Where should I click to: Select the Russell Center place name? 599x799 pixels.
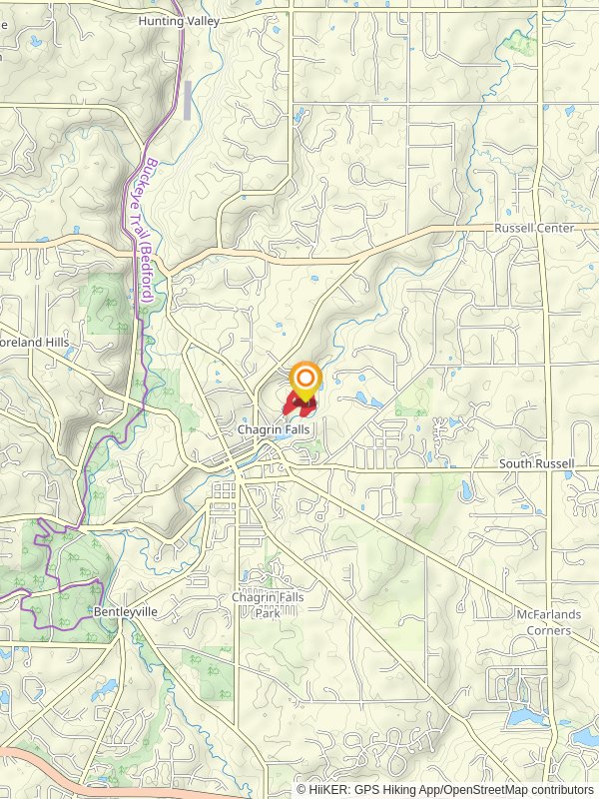(x=534, y=228)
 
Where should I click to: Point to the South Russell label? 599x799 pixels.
(x=536, y=464)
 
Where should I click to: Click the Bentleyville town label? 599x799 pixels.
(x=126, y=611)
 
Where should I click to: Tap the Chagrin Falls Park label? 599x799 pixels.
(x=267, y=603)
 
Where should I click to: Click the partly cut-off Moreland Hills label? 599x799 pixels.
(x=35, y=342)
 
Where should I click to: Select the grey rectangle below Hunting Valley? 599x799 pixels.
(x=187, y=99)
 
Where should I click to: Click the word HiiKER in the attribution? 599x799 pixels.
(x=328, y=790)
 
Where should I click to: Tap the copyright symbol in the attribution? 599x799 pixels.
(x=302, y=790)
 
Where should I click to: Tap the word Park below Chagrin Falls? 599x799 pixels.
(x=267, y=612)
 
